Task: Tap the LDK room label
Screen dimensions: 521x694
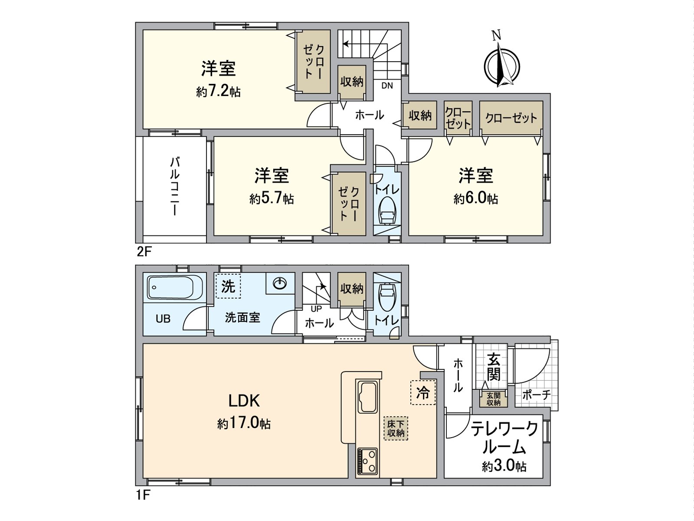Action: [244, 401]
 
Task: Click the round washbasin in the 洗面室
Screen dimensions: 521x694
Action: [280, 284]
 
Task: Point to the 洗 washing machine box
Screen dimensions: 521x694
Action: [228, 287]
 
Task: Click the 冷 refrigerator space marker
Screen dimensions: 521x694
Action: [422, 393]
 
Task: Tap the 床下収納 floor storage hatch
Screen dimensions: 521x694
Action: [396, 428]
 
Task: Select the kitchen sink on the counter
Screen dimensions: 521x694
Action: [367, 397]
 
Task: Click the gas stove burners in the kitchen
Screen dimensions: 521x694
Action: [367, 461]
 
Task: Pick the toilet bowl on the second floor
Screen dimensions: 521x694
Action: [387, 211]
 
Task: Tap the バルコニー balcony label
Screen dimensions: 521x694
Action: [174, 187]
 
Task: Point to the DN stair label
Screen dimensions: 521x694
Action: [387, 86]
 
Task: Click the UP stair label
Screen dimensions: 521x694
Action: [316, 309]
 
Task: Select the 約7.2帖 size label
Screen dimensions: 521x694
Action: [218, 92]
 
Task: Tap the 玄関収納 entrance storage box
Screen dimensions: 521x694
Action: [493, 399]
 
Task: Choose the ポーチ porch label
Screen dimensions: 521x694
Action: [536, 395]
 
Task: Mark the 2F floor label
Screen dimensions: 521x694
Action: [144, 251]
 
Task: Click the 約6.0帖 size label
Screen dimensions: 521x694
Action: [476, 199]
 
